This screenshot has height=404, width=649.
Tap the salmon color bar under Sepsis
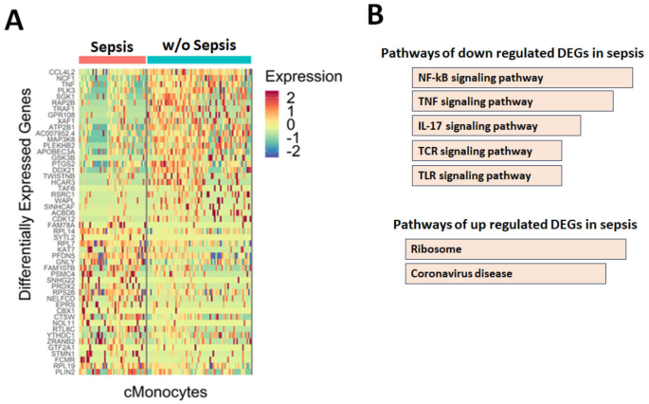[x=111, y=60]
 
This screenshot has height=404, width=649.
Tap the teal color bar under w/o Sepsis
[x=198, y=60]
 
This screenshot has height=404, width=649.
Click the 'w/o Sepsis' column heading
[x=198, y=44]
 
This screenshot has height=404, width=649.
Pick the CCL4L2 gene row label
[x=63, y=73]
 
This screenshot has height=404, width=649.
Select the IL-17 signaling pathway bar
[x=496, y=125]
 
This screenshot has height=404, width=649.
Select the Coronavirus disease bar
[x=504, y=273]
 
